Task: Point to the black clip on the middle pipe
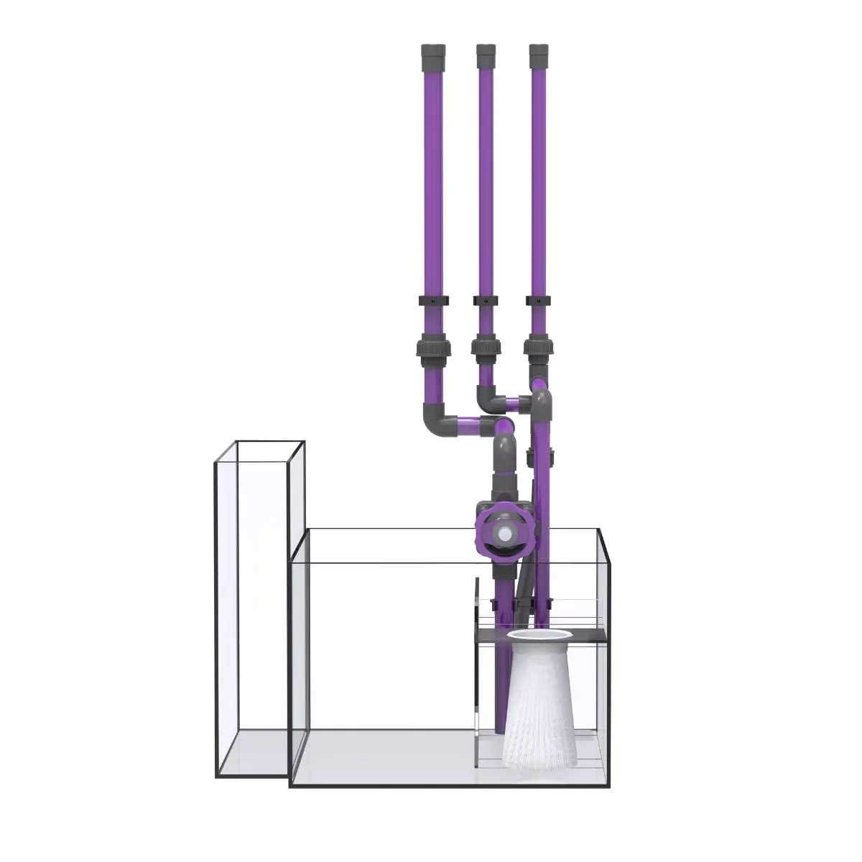click(486, 300)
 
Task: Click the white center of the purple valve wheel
click(506, 534)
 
